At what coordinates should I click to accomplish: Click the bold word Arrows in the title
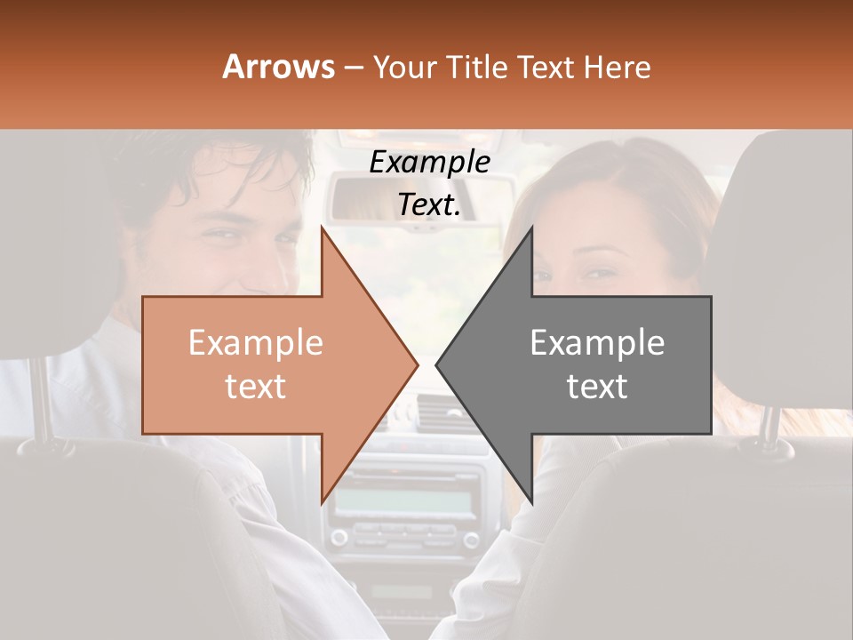tap(278, 67)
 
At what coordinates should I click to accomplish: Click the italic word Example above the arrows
tap(429, 162)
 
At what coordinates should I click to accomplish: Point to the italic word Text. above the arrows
tap(429, 204)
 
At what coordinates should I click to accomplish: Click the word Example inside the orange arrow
tap(255, 342)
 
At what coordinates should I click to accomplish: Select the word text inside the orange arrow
tap(255, 386)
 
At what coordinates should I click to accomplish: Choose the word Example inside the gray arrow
tap(597, 342)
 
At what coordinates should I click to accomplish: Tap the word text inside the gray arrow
tap(597, 386)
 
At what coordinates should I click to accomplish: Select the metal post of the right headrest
tap(769, 425)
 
